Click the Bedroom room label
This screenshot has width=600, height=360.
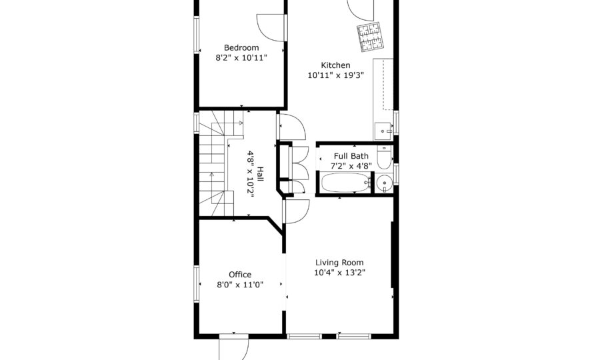pyautogui.click(x=241, y=48)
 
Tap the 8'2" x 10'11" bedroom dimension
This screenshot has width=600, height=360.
pyautogui.click(x=241, y=58)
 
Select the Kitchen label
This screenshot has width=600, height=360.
pyautogui.click(x=335, y=65)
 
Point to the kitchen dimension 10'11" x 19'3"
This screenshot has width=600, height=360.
pyautogui.click(x=335, y=75)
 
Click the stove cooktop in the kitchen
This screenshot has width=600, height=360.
pyautogui.click(x=371, y=37)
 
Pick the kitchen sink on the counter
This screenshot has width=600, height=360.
pyautogui.click(x=383, y=131)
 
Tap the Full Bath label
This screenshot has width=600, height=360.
pyautogui.click(x=351, y=156)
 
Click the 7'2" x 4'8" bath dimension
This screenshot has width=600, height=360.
pyautogui.click(x=351, y=165)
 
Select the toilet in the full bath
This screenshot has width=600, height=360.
pyautogui.click(x=384, y=157)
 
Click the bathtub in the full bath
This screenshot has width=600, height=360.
pyautogui.click(x=346, y=183)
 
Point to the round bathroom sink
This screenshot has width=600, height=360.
pyautogui.click(x=384, y=183)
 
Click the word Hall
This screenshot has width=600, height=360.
pyautogui.click(x=260, y=174)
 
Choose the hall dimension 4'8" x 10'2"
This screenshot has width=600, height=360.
pyautogui.click(x=251, y=174)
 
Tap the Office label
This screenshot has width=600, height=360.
pyautogui.click(x=240, y=274)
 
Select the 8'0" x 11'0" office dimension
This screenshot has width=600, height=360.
pyautogui.click(x=240, y=285)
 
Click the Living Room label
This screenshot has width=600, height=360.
pyautogui.click(x=339, y=263)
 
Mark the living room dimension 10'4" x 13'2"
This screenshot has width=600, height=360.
pyautogui.click(x=339, y=273)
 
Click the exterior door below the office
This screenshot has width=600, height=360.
pyautogui.click(x=234, y=349)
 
